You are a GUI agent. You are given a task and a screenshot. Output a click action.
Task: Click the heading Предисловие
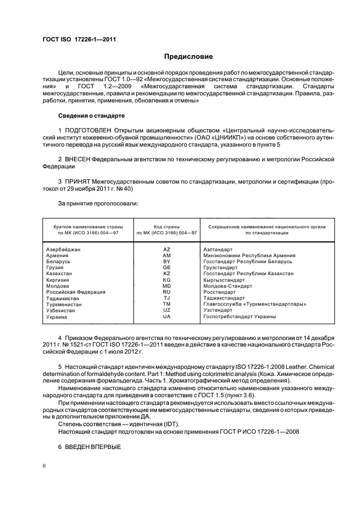point(188,56)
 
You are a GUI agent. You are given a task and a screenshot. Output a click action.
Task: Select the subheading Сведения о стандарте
point(91,116)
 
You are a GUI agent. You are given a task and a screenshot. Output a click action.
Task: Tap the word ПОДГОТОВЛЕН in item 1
point(90,131)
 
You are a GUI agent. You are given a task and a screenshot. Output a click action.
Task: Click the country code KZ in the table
point(167,274)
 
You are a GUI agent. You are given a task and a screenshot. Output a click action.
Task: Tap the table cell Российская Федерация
point(76,292)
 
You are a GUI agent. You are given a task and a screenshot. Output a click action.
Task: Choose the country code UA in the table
point(167,317)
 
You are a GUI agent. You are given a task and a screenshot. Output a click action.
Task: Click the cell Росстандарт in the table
point(218,292)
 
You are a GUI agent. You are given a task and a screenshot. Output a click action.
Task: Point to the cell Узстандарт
point(216,310)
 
